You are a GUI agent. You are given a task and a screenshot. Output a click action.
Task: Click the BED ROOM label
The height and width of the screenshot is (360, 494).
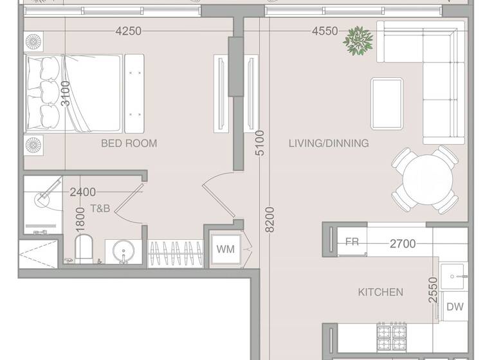click(129, 143)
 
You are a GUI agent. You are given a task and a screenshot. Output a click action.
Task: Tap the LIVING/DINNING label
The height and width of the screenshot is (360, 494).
click(329, 143)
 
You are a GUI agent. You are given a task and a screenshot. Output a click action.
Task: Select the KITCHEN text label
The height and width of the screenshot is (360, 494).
click(380, 292)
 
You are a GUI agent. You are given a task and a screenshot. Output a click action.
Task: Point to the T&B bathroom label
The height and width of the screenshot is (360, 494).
click(100, 209)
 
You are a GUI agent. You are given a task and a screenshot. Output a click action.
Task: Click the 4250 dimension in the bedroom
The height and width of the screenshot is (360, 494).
click(129, 31)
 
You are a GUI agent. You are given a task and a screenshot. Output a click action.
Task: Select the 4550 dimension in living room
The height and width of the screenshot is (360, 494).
click(325, 31)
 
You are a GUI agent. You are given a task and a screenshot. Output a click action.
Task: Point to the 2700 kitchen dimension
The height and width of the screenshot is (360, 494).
click(403, 244)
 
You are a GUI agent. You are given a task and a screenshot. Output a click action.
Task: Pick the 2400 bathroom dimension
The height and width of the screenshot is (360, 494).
click(82, 192)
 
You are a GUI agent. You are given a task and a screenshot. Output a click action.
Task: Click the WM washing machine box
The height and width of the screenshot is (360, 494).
click(224, 248)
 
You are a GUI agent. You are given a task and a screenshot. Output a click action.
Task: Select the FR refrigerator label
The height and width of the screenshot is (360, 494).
click(352, 242)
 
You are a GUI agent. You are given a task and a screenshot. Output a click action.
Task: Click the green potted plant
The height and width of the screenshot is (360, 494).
click(358, 40)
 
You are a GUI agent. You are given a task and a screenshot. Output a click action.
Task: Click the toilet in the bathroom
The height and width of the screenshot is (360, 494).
click(84, 249)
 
